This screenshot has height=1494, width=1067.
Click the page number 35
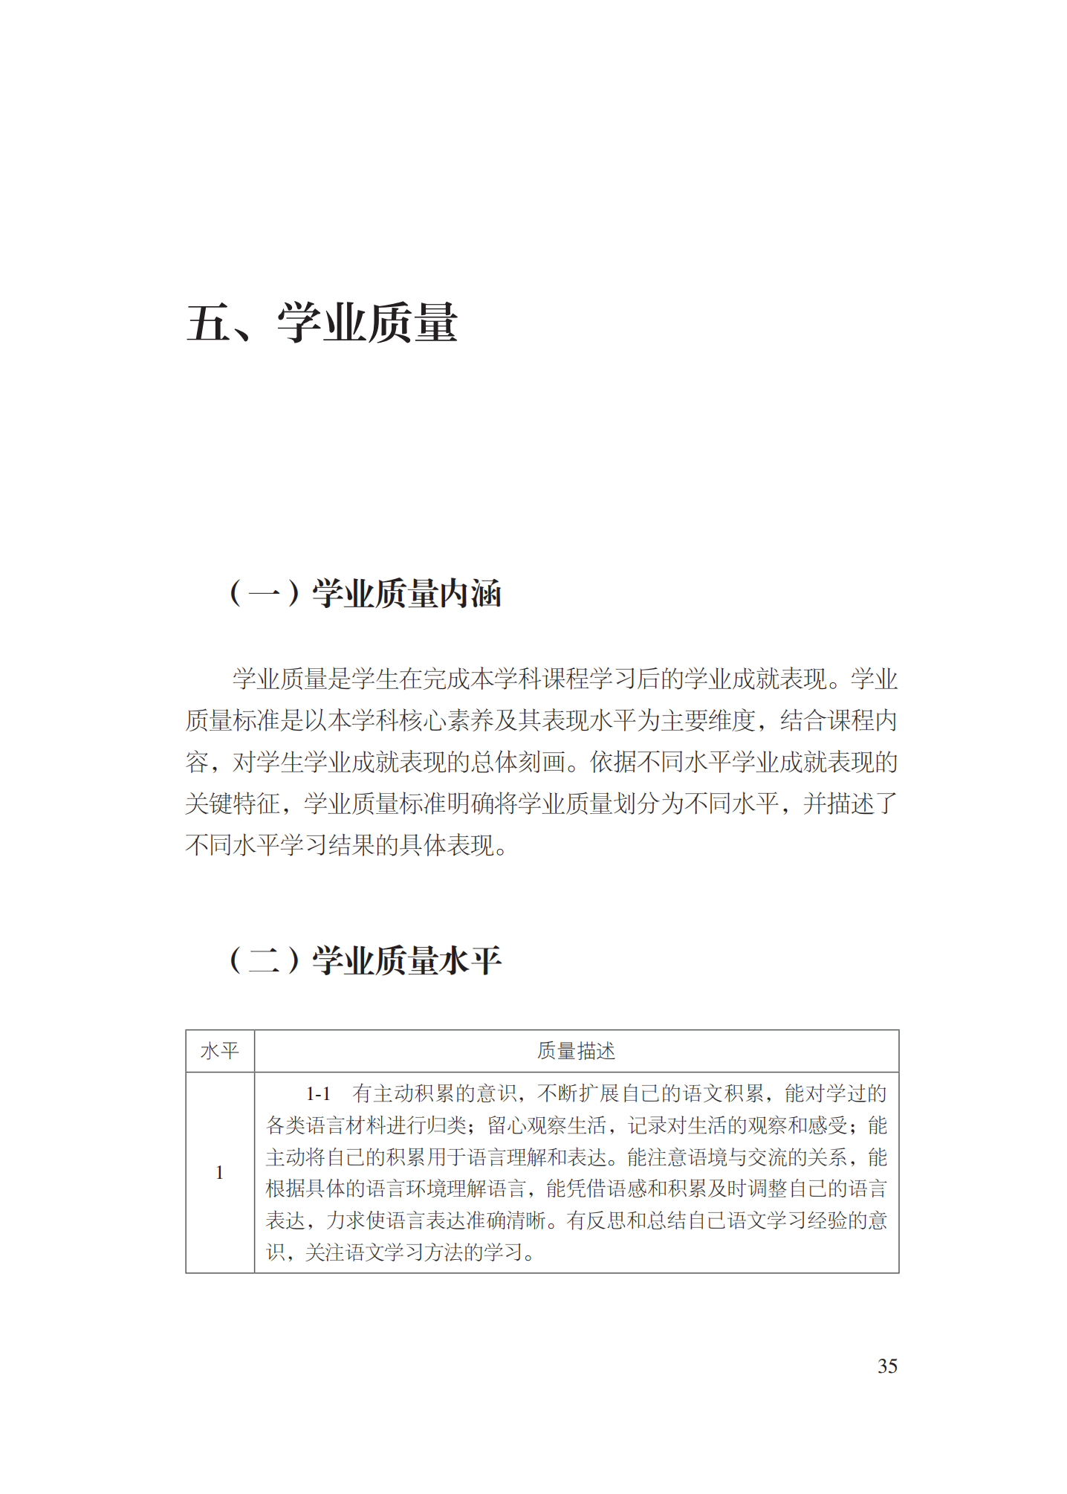click(x=887, y=1366)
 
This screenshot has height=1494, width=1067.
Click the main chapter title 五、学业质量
click(x=322, y=323)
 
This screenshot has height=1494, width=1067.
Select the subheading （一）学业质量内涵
click(x=365, y=593)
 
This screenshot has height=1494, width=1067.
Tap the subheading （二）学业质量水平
click(x=365, y=960)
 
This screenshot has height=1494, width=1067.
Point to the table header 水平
click(x=220, y=1051)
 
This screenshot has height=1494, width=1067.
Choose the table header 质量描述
click(x=576, y=1051)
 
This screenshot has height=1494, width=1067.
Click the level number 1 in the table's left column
click(x=219, y=1173)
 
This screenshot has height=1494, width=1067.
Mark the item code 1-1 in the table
click(x=318, y=1094)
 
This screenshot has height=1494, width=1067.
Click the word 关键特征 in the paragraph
click(x=233, y=803)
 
